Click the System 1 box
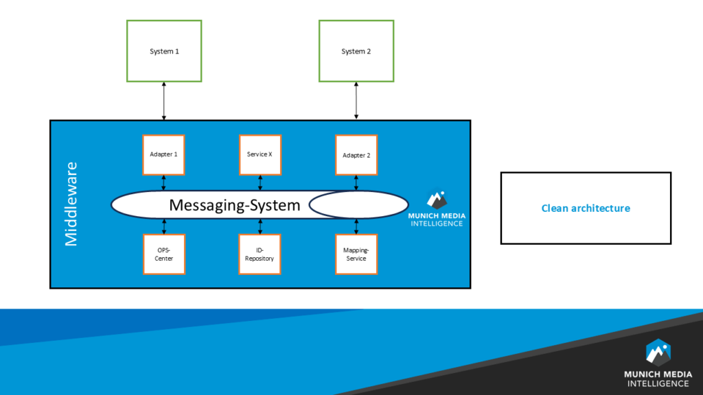click(x=164, y=51)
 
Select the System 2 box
click(x=356, y=51)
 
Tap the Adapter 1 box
click(x=163, y=154)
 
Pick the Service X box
click(x=260, y=154)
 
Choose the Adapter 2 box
click(x=356, y=154)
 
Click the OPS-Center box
click(x=163, y=254)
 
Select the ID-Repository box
click(x=260, y=254)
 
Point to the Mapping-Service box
click(x=356, y=254)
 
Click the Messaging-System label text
click(x=234, y=205)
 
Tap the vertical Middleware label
click(x=71, y=204)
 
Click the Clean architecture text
click(x=586, y=208)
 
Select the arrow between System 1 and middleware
click(x=164, y=101)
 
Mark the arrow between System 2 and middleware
click(x=356, y=101)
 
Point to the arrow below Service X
click(x=260, y=182)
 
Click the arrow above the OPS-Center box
click(x=163, y=227)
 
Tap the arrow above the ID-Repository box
click(x=260, y=227)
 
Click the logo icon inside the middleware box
click(x=437, y=199)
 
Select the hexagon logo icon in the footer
click(x=658, y=351)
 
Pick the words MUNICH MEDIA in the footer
click(x=658, y=374)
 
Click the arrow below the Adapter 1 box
click(x=163, y=182)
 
